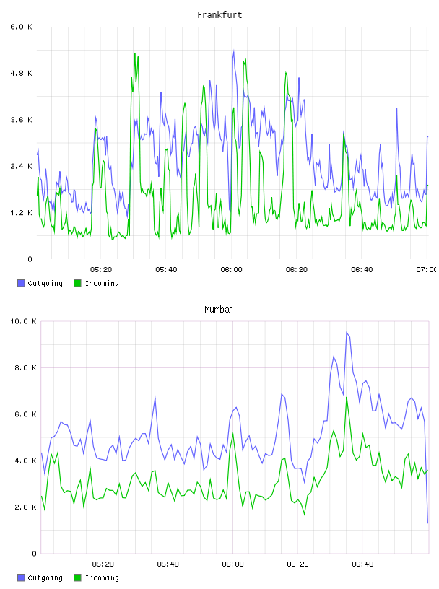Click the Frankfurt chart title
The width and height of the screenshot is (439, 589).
219,15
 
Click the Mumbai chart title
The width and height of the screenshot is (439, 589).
219,310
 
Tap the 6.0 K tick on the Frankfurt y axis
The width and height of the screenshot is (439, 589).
21,27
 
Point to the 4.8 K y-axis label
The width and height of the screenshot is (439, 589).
21,73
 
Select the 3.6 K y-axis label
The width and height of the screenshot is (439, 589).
21,120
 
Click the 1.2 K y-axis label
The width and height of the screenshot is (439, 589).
21,213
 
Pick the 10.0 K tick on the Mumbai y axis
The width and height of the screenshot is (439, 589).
23,321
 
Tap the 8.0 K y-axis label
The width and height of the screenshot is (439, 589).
25,367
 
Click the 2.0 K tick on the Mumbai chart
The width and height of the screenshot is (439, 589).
25,507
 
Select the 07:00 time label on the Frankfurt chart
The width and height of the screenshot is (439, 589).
427,270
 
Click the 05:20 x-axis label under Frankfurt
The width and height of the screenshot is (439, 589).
101,270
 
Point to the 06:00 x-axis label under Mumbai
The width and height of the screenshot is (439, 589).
232,564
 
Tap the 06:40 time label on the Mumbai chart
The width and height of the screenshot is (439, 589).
362,564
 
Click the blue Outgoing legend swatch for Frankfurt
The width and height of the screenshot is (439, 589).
21,283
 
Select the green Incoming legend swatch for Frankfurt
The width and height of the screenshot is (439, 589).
77,283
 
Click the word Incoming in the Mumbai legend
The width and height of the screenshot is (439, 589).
102,577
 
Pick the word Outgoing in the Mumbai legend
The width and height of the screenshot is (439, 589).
45,577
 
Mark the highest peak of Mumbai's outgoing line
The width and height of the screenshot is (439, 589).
347,333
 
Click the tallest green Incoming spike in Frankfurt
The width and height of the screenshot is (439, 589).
134,53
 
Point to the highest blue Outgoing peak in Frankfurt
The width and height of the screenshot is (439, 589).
234,51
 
